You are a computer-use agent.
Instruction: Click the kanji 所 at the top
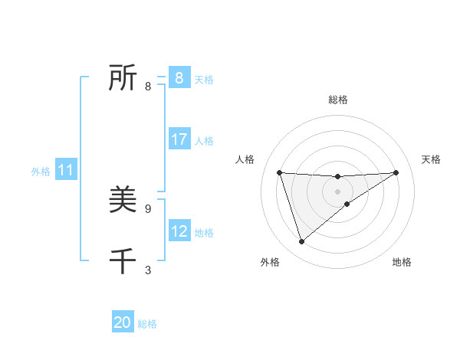(123, 77)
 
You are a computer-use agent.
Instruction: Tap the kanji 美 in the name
(123, 200)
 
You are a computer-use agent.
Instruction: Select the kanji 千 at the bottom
(123, 261)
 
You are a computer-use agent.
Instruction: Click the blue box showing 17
(179, 139)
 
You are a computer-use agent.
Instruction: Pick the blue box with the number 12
(179, 231)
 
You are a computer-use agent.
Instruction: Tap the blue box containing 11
(66, 171)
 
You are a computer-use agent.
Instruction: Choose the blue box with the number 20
(123, 322)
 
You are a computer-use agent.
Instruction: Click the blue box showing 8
(179, 77)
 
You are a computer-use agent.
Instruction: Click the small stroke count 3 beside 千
(148, 270)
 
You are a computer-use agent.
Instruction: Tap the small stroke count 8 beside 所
(148, 87)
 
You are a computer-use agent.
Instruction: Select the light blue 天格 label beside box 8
(204, 80)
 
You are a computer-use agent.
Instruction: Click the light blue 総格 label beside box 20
(147, 325)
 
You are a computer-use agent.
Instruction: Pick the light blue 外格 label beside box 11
(41, 172)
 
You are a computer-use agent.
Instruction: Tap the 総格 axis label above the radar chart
(337, 100)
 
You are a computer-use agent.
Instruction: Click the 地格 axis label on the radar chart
(402, 262)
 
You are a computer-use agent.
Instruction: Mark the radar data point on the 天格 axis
(396, 172)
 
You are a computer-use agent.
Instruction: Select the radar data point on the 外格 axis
(301, 242)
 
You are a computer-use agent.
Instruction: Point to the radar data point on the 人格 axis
(279, 172)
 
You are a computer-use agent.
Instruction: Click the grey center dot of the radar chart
(337, 191)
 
